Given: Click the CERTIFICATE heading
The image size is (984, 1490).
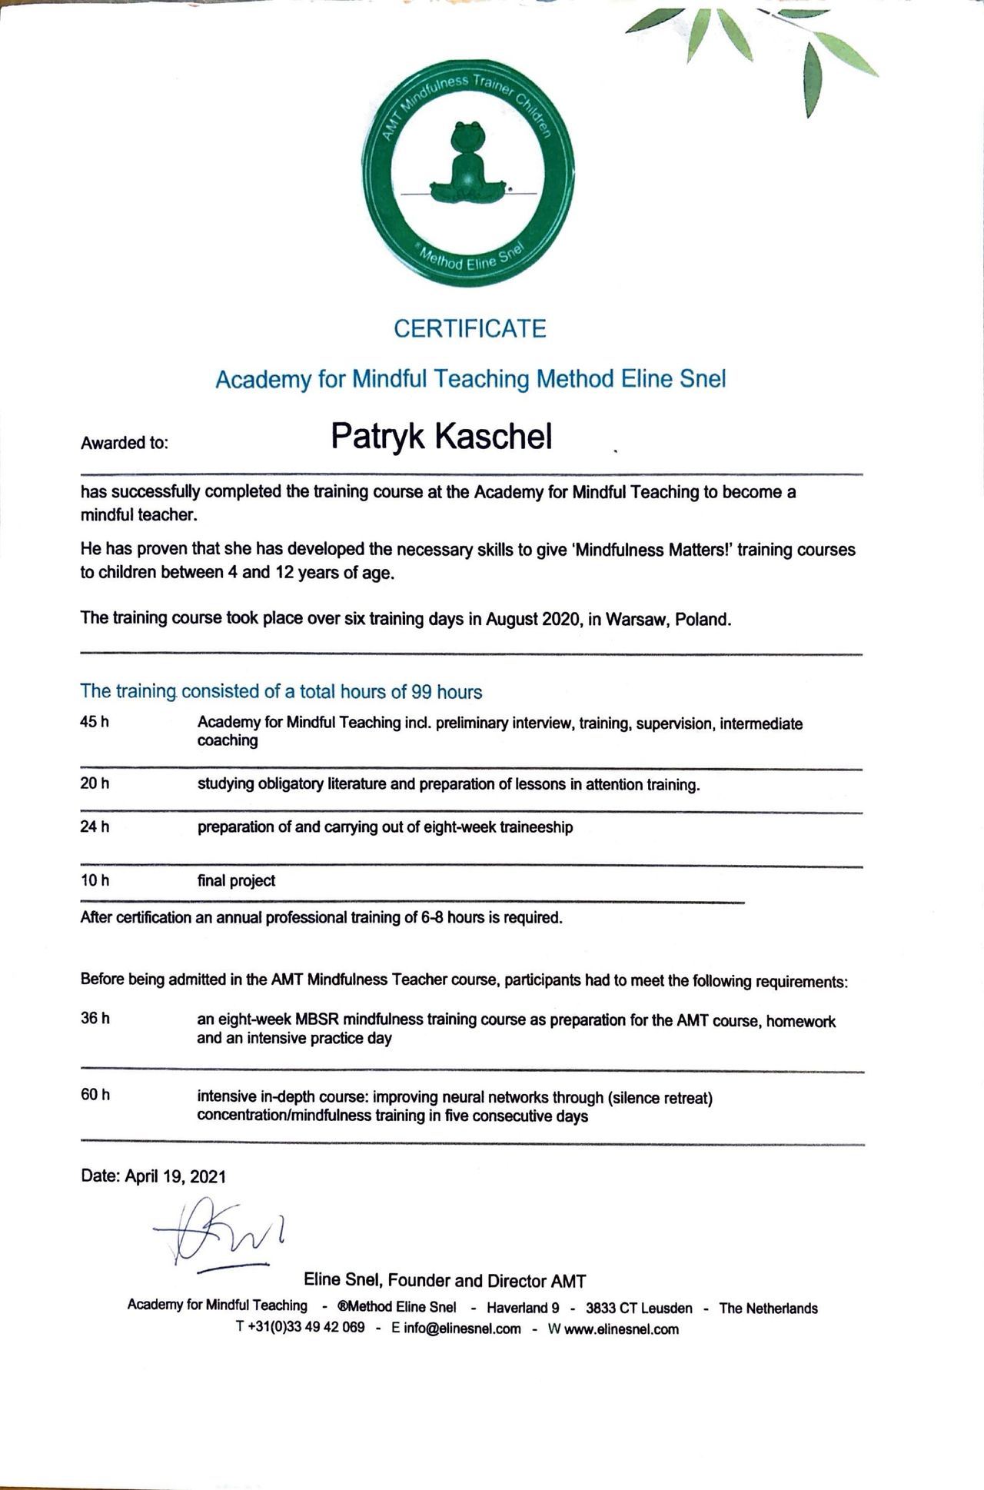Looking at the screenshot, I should click(470, 329).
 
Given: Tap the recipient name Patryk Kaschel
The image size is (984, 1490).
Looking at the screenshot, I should click(441, 436).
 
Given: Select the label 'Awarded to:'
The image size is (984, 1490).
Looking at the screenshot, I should click(124, 443).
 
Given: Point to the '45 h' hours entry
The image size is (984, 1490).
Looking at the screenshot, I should click(95, 722).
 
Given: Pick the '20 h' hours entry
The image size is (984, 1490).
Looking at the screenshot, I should click(95, 783).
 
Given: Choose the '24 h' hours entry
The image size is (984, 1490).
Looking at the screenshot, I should click(95, 826).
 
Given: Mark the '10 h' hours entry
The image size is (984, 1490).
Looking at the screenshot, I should click(95, 880).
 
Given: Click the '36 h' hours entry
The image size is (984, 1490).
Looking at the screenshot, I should click(95, 1019).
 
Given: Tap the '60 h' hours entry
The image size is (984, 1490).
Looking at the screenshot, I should click(95, 1095).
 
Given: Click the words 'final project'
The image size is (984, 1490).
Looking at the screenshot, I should click(236, 881).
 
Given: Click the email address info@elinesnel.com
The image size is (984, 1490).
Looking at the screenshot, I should click(462, 1329).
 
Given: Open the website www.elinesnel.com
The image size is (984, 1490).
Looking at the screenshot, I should click(621, 1329).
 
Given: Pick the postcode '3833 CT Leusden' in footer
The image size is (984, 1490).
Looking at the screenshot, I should click(639, 1308).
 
